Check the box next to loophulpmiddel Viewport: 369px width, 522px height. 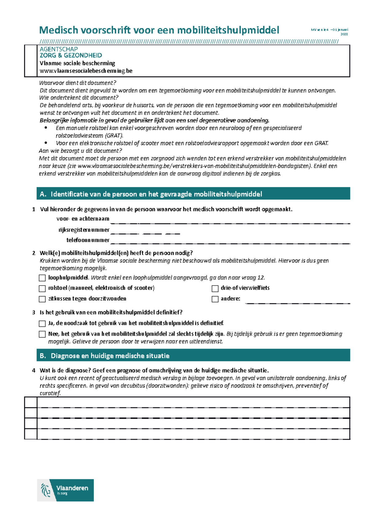point(42,278)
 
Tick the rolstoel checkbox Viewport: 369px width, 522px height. point(42,288)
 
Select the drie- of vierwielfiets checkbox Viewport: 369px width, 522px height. point(215,288)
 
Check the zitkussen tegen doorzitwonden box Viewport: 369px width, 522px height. point(42,299)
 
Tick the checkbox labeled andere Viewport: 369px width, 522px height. point(215,299)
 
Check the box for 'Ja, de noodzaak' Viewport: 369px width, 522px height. point(42,323)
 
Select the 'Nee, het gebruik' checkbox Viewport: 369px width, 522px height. point(42,334)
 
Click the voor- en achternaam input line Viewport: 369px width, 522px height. point(230,221)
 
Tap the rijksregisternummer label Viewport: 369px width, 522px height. point(84,230)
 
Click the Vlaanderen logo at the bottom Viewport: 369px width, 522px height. point(65,490)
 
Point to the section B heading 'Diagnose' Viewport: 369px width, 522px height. point(110,356)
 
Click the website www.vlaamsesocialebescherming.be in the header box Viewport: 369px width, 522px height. point(86,71)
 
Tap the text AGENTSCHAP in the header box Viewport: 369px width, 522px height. point(58,49)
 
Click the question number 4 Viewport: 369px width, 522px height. point(34,370)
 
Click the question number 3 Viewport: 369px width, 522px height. point(34,313)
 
